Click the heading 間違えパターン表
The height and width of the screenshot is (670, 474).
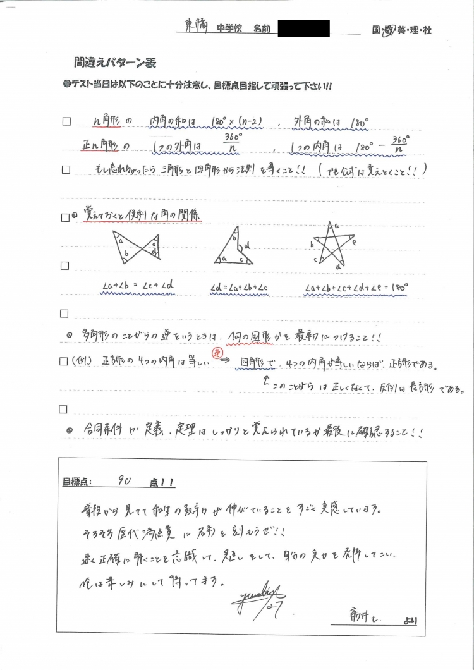click(114, 63)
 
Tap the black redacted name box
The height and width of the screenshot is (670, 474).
click(303, 28)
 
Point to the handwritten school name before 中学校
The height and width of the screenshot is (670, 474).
click(195, 27)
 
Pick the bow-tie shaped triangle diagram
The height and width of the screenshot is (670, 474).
click(135, 248)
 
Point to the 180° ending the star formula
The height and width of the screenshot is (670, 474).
click(399, 287)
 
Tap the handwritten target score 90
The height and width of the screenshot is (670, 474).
click(125, 482)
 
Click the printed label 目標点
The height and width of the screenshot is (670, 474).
click(76, 482)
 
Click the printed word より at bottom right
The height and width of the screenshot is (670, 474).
click(410, 621)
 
